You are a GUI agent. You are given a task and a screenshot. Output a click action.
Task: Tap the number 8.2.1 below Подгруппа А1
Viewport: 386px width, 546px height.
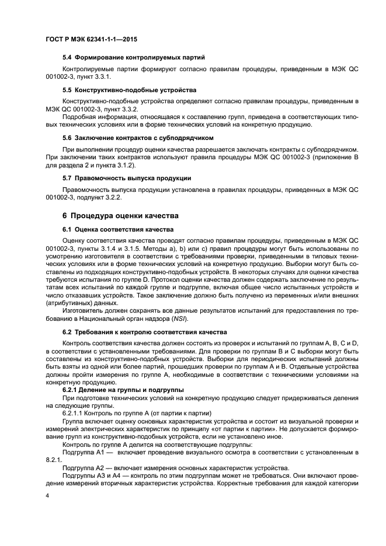pyautogui.click(x=54, y=460)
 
